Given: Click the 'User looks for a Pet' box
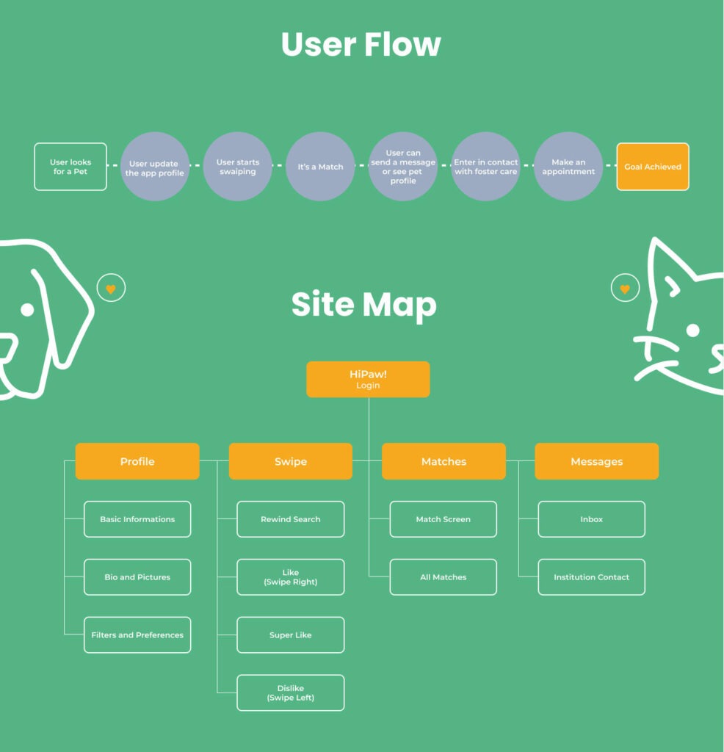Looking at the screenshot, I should coord(70,167).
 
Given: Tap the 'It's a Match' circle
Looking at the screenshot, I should coord(320,167).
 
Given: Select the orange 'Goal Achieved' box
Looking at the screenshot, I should coord(653,167).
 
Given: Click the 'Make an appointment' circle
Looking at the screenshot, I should coord(568,167).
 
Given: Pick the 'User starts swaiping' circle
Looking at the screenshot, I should coord(237,167).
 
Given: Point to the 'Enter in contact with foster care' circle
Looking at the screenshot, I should coord(485,167).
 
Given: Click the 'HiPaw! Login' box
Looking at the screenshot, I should coord(368,379).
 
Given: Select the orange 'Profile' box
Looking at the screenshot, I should coord(137,461).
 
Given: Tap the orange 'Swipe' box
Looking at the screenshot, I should coord(291,461).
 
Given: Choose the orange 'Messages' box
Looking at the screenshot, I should coord(596,461).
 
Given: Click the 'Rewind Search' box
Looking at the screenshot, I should coord(291,519).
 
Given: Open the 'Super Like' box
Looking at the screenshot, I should coord(291,635).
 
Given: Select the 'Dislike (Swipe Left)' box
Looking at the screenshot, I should coord(291,693).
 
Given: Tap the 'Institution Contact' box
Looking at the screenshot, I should coord(591,577).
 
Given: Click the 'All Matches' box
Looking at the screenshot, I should coord(444,577).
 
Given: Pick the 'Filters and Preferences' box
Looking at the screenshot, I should coord(137,635).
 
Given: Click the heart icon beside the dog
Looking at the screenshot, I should coord(111,289).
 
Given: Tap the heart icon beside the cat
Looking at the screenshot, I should coord(625,289).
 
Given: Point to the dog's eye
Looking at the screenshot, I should coord(27,310).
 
